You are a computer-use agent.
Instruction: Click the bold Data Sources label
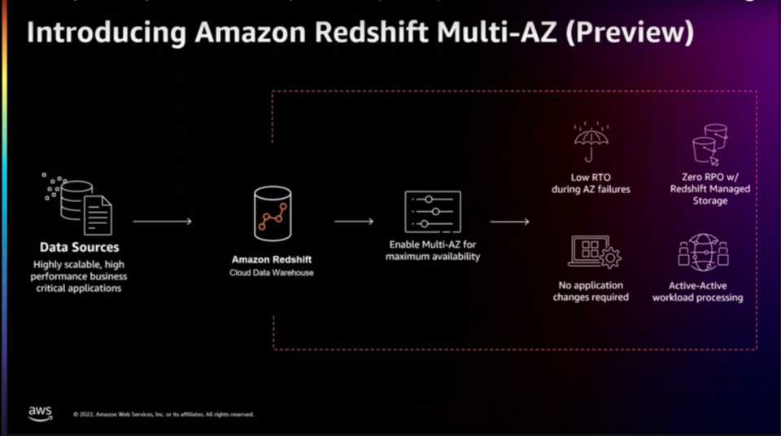tap(79, 247)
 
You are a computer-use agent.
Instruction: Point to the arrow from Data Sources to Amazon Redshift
tap(162, 221)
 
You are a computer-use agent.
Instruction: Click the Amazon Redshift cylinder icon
tap(272, 214)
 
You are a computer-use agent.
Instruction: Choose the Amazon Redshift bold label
tap(271, 259)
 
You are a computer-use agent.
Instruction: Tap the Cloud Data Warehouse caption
tap(271, 272)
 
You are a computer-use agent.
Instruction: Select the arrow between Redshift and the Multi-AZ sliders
tap(353, 221)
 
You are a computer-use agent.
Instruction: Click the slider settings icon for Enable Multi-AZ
tap(432, 212)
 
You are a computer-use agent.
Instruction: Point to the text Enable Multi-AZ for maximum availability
tap(432, 250)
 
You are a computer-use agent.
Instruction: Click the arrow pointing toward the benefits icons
tap(509, 221)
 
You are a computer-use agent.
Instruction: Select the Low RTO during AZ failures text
tap(591, 183)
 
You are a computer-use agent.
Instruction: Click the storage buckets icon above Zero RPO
tap(709, 144)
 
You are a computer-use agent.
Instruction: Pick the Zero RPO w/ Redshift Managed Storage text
tap(709, 188)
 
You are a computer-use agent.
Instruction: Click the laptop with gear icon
tap(593, 252)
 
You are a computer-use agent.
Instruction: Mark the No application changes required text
tap(591, 291)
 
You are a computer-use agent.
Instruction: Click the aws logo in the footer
tap(40, 413)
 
